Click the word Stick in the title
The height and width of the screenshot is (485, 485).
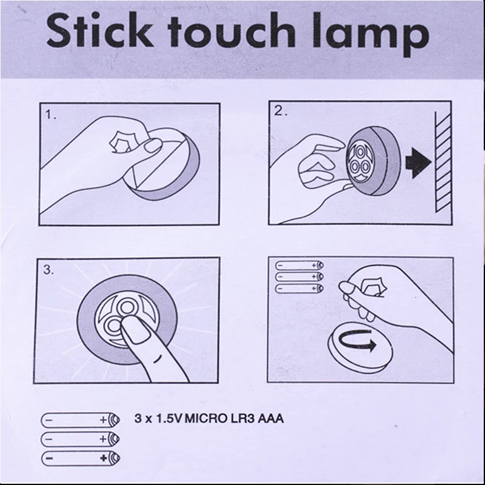tap(99, 30)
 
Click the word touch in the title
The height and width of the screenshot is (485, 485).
tap(232, 30)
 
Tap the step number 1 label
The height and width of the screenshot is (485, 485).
tap(50, 115)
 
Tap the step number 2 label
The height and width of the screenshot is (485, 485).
tap(280, 111)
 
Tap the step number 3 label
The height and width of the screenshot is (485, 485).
tap(48, 270)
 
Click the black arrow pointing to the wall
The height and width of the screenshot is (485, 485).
tap(418, 162)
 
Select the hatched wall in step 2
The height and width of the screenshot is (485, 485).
tap(443, 161)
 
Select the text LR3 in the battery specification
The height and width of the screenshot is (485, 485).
tap(242, 418)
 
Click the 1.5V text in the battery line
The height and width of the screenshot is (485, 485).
tap(169, 418)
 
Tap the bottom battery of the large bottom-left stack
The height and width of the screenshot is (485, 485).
tap(81, 458)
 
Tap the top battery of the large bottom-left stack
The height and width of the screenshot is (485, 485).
tap(81, 420)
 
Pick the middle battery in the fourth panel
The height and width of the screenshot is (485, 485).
tap(299, 276)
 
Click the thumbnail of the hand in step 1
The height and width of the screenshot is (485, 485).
tap(153, 145)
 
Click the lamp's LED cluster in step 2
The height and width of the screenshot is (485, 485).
tap(359, 162)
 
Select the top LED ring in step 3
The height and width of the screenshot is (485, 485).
tap(126, 307)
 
